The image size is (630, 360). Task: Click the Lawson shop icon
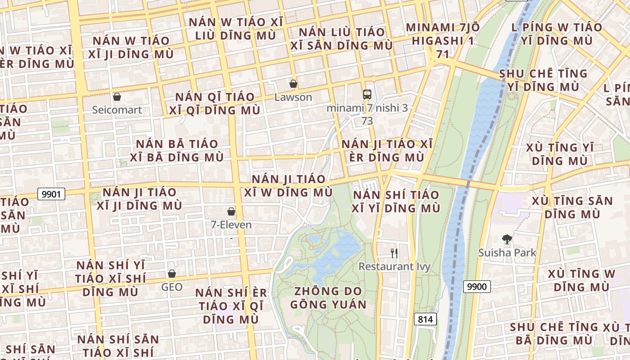[293, 84]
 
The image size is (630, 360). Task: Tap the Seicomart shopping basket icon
[117, 96]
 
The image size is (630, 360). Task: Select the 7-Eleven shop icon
[231, 211]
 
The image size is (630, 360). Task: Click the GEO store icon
[172, 273]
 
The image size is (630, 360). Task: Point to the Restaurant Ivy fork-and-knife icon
[394, 253]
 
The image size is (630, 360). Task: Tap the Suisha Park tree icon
[507, 239]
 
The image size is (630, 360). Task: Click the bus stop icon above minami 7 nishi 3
[367, 94]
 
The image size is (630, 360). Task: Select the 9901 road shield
[51, 194]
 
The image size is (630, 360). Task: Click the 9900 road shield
[477, 286]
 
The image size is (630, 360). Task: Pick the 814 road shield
[425, 319]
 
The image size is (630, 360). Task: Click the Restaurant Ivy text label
[394, 266]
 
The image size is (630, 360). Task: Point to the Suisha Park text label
[507, 252]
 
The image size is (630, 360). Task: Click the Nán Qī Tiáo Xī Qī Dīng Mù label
[215, 103]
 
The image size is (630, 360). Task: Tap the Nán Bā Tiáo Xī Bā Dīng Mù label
[177, 151]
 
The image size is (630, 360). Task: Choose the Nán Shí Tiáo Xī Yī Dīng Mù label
[396, 202]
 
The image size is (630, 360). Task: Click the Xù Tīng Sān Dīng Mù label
[572, 207]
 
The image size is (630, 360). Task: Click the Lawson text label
[293, 97]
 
